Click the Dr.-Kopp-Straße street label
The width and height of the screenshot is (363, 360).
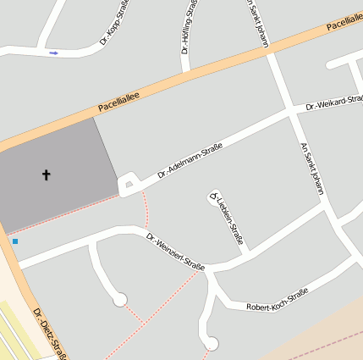(x=116, y=21)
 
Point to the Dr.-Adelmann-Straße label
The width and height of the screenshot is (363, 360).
(x=190, y=162)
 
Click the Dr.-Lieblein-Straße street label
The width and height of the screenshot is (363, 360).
(x=227, y=219)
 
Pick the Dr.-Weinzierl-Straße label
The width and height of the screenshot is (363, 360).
(x=175, y=252)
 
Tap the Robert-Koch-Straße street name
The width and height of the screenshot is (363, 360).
(x=276, y=299)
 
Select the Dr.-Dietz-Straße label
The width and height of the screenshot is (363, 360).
(x=49, y=335)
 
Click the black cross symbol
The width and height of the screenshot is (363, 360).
(x=46, y=175)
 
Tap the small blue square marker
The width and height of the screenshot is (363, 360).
(x=14, y=241)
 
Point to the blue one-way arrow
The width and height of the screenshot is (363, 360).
(x=54, y=53)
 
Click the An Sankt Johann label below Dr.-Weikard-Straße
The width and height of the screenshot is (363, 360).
(x=312, y=168)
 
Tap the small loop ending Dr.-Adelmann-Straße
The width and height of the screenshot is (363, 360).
(x=128, y=184)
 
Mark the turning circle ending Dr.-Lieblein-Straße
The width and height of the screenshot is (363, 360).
(x=213, y=199)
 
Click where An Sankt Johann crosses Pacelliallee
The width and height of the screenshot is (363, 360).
(x=270, y=53)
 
